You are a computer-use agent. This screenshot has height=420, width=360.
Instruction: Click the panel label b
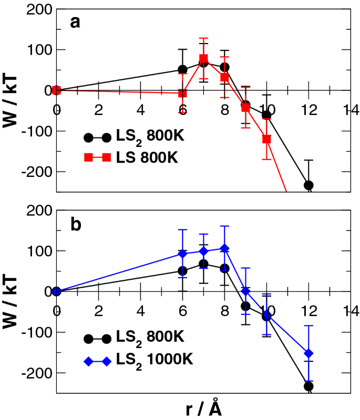coord(76,223)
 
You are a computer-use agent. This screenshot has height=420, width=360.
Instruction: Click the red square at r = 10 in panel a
coord(266,139)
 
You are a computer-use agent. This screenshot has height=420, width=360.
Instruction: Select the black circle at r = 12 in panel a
coord(308,185)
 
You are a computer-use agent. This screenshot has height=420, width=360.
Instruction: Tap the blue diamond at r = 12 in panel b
coord(308,353)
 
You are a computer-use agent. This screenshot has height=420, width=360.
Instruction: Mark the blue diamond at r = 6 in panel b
coord(182,254)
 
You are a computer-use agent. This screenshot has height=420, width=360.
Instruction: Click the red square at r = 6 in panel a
coord(182,93)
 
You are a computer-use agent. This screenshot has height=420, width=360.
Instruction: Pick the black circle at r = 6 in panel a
coord(182,69)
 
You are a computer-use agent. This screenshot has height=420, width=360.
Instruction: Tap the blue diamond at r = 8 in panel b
coord(224,248)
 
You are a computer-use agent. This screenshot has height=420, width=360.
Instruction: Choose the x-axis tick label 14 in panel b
coord(350,310)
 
